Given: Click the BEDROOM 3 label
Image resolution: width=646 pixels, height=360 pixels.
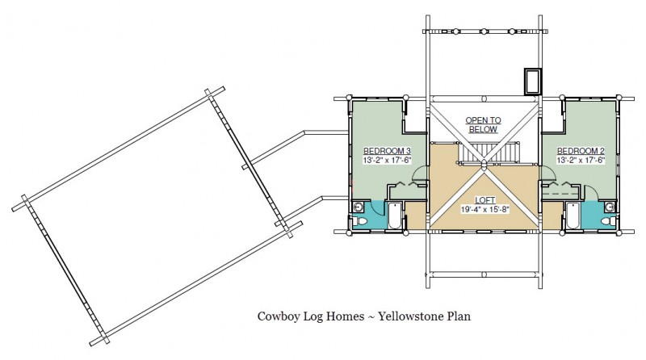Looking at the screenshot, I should (387, 151).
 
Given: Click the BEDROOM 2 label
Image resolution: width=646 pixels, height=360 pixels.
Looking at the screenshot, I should (581, 151).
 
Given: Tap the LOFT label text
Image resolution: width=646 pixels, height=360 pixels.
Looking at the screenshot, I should (484, 199).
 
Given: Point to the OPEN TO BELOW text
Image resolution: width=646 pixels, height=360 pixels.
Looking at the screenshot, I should (483, 124).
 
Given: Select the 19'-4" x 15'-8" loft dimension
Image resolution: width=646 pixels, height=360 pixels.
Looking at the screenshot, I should (484, 208).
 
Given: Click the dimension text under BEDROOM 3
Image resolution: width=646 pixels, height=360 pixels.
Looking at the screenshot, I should (387, 161).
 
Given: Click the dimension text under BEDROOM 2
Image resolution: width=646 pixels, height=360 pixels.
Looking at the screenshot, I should (581, 161).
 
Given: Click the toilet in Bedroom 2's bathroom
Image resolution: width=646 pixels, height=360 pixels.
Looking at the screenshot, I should (606, 221).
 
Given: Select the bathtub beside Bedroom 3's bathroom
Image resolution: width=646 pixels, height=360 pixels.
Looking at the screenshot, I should (393, 216).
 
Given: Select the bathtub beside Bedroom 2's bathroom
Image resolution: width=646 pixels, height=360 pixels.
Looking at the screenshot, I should (573, 216).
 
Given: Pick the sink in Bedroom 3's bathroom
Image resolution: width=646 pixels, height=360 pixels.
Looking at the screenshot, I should (358, 207).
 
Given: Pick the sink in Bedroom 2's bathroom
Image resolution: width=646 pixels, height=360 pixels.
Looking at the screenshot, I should (610, 207).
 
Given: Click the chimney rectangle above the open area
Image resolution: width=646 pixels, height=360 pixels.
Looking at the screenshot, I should (533, 82).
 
